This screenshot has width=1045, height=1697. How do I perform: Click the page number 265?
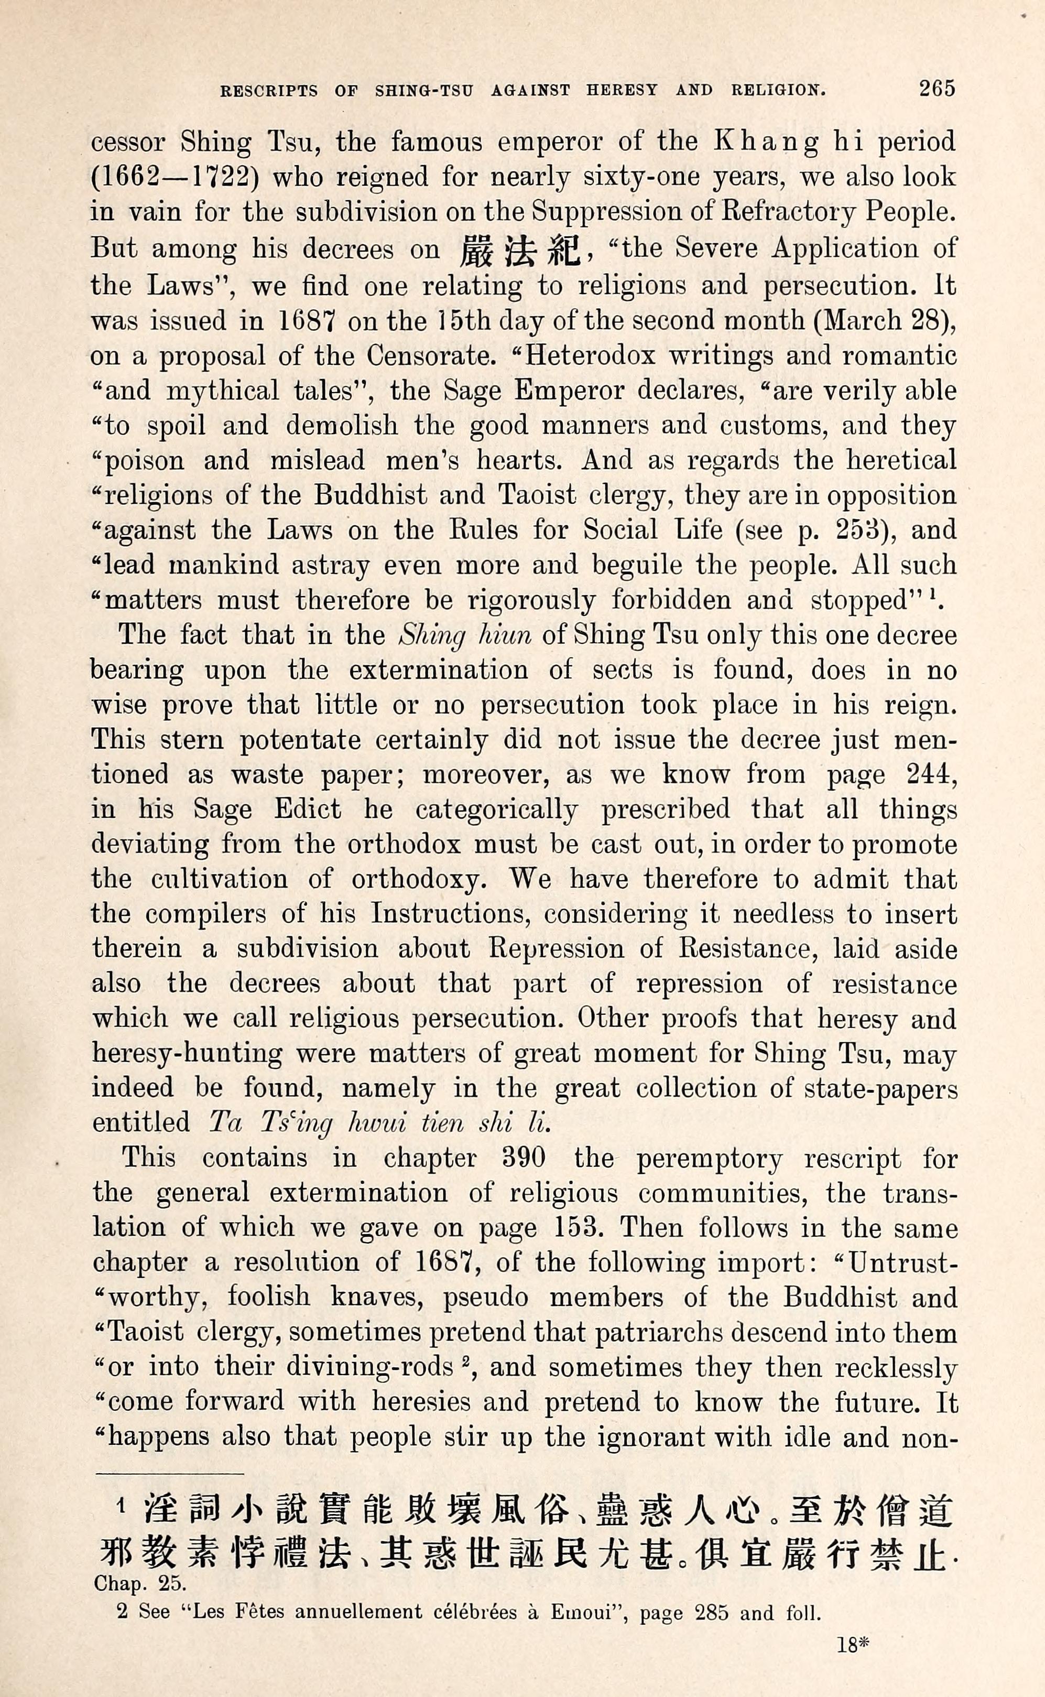937,89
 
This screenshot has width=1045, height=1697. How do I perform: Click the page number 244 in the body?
930,774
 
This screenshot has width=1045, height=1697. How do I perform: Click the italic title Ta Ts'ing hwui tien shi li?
379,1122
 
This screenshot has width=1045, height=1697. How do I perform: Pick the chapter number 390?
524,1158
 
